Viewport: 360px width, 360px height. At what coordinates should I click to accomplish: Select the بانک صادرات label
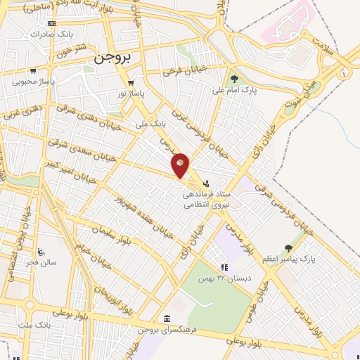pos(53,34)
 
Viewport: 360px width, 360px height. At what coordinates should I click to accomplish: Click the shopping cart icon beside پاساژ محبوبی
pos(33,71)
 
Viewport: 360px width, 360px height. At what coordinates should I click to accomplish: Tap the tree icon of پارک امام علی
pos(234,79)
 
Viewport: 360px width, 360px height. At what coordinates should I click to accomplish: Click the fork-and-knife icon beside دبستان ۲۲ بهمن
pos(224,267)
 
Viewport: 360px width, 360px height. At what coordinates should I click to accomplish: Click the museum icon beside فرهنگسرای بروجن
pos(166,318)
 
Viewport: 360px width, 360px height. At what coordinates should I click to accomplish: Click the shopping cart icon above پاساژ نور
pos(131,82)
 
